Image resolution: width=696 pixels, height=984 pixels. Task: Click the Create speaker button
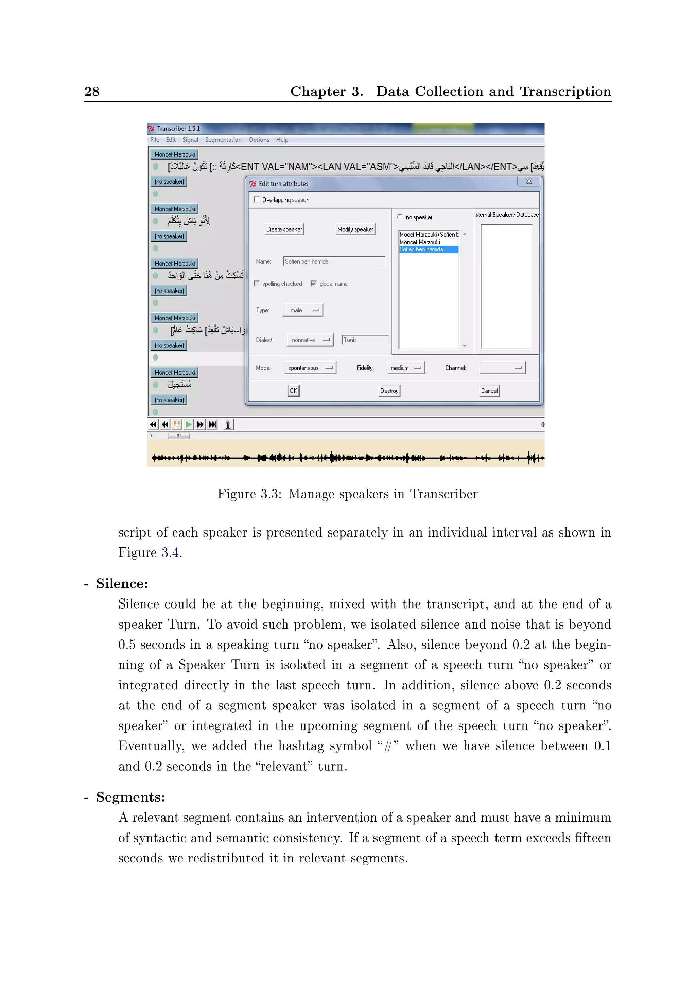point(284,229)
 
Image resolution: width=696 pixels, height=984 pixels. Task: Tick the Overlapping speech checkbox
point(257,200)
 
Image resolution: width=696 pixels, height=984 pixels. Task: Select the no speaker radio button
point(400,217)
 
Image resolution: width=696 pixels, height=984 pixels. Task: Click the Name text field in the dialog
point(334,261)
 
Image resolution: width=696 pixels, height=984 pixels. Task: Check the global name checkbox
point(313,284)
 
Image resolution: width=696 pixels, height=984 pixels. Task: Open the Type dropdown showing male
point(302,310)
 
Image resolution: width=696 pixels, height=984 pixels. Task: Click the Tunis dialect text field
point(365,340)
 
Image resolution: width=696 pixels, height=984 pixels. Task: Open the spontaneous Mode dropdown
point(310,368)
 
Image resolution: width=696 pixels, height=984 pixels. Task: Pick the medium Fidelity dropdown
point(405,368)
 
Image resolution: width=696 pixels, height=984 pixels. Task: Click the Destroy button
point(389,391)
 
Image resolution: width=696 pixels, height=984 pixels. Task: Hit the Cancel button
point(489,391)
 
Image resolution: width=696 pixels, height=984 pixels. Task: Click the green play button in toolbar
point(188,425)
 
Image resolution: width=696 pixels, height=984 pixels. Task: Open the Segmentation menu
point(223,140)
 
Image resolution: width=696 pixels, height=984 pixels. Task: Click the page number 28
point(92,91)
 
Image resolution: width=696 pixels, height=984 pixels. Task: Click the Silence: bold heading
point(122,584)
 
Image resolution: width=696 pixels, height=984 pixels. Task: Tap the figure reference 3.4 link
point(170,553)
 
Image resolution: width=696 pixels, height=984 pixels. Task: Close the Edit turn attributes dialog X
point(529,182)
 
